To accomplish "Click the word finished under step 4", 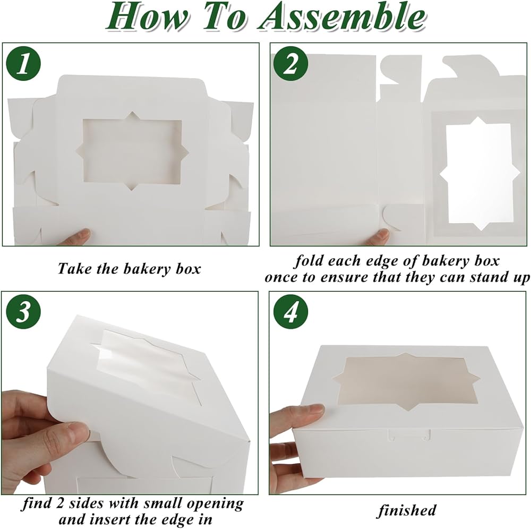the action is [407, 510].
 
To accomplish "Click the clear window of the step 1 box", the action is [132, 148].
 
